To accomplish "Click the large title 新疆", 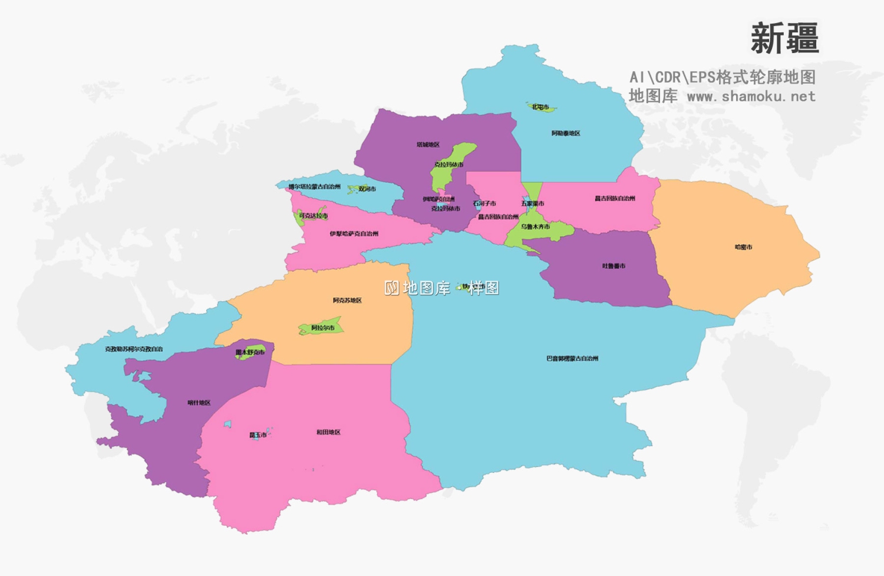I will coord(784,38).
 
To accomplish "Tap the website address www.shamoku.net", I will coord(751,96).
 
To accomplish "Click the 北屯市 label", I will coord(540,107).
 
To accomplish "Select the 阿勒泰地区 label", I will coord(566,133).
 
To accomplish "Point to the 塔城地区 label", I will coord(428,144).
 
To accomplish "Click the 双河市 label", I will coord(367,189).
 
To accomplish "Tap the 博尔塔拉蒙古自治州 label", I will coord(314,187).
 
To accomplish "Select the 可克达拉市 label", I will coord(313,216).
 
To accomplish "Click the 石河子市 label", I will coord(484,203).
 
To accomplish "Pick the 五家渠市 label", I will coord(532,203).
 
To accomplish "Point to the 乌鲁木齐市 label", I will coord(535,226).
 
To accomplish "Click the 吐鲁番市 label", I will coord(613,266).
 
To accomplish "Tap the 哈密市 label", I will coord(743,247).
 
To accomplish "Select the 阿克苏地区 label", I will coord(347,300).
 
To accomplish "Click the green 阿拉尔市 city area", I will coord(322,327).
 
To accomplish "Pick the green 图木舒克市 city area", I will coord(250,351).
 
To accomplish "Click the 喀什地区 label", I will coord(199,403).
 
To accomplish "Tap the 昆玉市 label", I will coord(258,435).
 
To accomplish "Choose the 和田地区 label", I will coord(328,432).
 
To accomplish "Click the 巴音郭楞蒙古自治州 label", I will coord(572,358).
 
